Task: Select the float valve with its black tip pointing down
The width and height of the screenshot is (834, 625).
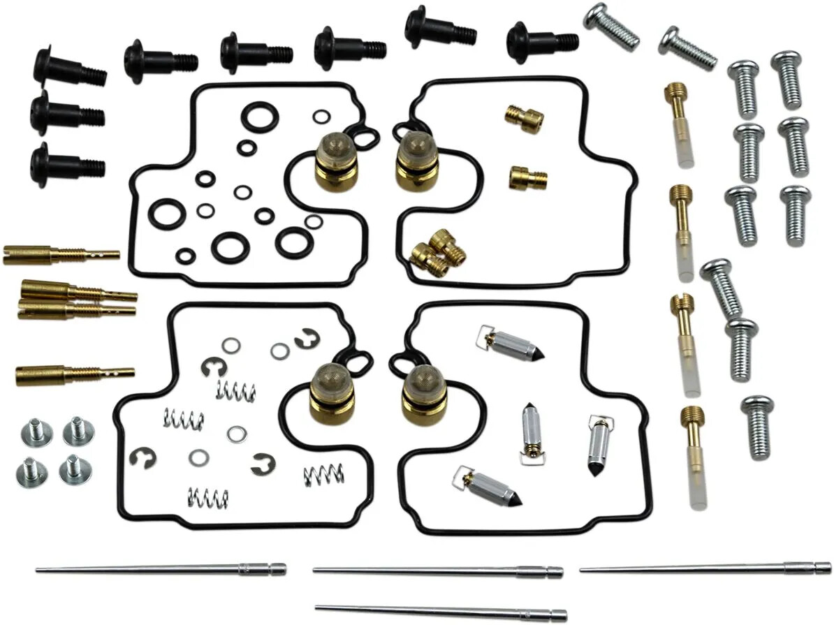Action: pyautogui.click(x=598, y=445)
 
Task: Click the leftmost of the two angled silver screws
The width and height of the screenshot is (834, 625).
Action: pyautogui.click(x=611, y=25)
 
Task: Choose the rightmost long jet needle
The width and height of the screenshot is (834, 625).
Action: pyautogui.click(x=705, y=568)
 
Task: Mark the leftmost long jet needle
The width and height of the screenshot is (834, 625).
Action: pyautogui.click(x=161, y=569)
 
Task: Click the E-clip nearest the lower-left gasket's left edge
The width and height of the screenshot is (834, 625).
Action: pyautogui.click(x=144, y=458)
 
